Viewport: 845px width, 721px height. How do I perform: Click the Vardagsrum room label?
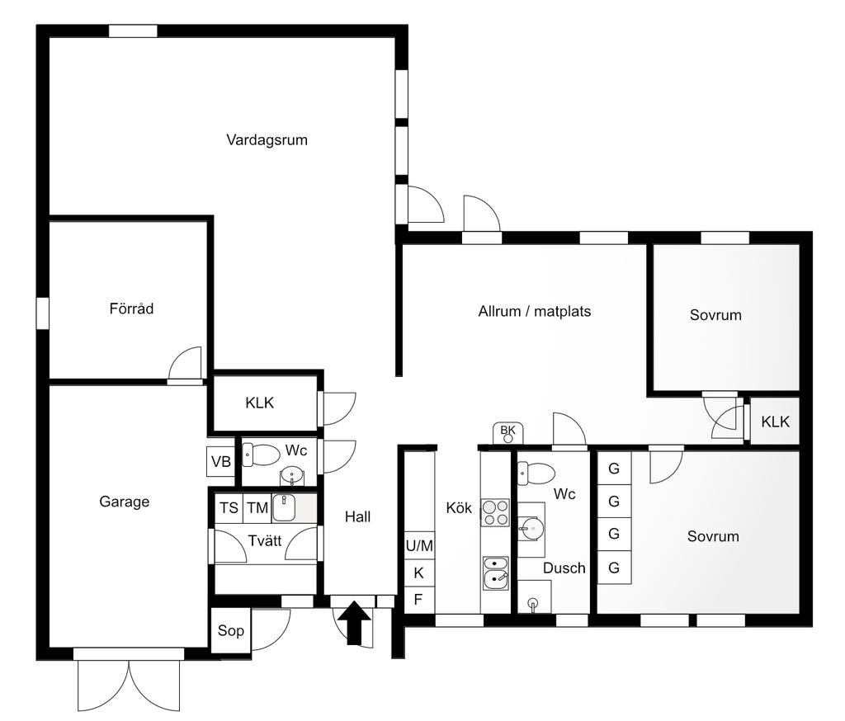(x=267, y=140)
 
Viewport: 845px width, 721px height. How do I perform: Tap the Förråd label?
(x=131, y=309)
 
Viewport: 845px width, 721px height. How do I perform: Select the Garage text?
(x=125, y=502)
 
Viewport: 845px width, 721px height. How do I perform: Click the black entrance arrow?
(x=354, y=623)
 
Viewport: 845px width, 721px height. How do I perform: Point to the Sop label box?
(x=231, y=630)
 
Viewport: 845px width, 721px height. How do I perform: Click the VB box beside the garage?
(x=221, y=461)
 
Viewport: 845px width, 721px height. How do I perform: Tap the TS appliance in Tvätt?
(x=229, y=507)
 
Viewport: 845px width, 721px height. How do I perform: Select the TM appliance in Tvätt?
(x=257, y=507)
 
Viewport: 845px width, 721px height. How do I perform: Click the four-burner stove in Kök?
(x=495, y=512)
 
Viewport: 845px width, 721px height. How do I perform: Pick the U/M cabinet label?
(x=419, y=546)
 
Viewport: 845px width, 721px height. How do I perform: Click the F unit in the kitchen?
(x=418, y=599)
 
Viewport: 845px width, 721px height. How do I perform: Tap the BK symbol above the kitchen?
(x=507, y=433)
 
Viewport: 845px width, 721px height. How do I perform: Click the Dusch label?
(x=564, y=568)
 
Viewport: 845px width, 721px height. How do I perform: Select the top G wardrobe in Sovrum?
(x=614, y=469)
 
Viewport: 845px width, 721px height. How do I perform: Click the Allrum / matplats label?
(x=535, y=312)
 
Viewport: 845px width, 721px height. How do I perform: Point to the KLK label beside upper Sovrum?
(x=775, y=422)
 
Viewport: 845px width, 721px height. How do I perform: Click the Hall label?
(x=358, y=516)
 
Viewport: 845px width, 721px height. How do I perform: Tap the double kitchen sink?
(x=496, y=573)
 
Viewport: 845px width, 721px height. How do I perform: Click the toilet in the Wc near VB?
(x=261, y=455)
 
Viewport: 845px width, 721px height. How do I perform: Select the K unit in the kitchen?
(x=418, y=573)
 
